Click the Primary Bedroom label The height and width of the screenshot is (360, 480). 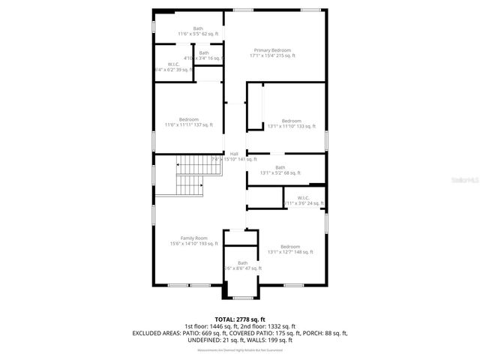272,50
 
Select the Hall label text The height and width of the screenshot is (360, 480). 234,154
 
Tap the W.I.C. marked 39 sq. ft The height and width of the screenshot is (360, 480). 172,64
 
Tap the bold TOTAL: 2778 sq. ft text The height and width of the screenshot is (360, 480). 239,319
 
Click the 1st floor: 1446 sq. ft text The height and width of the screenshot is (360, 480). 211,325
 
